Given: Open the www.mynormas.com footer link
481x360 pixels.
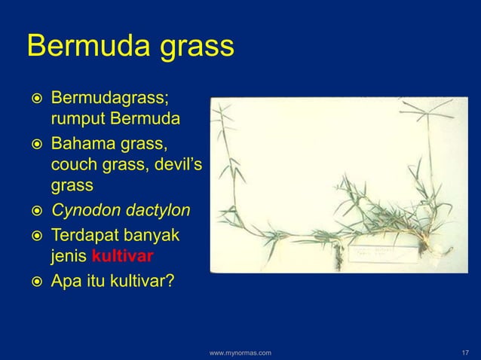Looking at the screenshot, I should coord(240,351).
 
